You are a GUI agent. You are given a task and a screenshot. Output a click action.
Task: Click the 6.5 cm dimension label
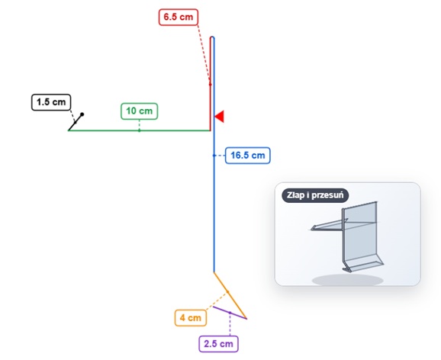(x=179, y=17)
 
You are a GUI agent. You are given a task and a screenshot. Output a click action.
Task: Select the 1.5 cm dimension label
(x=51, y=102)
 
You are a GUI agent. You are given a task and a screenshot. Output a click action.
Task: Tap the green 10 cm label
(x=139, y=111)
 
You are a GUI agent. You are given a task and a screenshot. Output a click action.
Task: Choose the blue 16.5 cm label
(x=247, y=156)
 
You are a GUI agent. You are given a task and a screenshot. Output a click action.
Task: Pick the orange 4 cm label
(x=191, y=318)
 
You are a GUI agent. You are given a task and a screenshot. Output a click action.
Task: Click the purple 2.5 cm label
(x=218, y=344)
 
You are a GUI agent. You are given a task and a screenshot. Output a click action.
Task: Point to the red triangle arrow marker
(x=220, y=117)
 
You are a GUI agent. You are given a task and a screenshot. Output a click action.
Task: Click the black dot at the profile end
(x=82, y=114)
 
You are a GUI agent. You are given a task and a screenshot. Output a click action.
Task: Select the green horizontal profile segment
(x=139, y=130)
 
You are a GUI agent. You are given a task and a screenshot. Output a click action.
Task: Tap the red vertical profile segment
(x=210, y=84)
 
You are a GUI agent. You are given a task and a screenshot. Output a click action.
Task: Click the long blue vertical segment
(x=214, y=155)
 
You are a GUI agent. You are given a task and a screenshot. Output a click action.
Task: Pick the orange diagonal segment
(x=230, y=295)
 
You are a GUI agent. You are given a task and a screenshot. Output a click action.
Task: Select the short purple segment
(x=230, y=313)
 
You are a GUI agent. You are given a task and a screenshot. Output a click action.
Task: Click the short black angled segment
(x=76, y=122)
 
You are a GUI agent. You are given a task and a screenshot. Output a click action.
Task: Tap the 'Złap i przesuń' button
(x=315, y=195)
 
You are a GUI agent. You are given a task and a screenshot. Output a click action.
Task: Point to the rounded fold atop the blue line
(x=212, y=37)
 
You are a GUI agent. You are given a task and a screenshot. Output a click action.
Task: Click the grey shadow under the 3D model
(x=348, y=280)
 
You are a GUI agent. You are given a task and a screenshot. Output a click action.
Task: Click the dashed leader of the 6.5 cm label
(x=204, y=55)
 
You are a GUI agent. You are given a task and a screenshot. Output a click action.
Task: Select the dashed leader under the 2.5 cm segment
(x=230, y=324)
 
